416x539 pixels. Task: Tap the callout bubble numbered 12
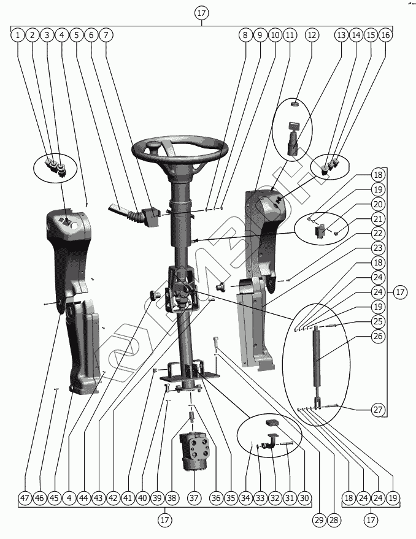click(x=312, y=35)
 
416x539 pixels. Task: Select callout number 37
click(x=195, y=499)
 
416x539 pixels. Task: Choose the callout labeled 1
click(x=18, y=35)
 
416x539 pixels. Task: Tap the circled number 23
click(x=378, y=248)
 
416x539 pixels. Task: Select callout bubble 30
click(x=304, y=499)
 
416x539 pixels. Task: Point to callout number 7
click(x=106, y=35)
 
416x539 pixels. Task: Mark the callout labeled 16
click(x=385, y=35)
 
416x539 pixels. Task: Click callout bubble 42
click(x=113, y=499)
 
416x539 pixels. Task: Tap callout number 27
click(x=378, y=410)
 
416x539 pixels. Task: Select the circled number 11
click(x=290, y=35)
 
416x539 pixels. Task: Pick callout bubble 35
click(x=230, y=499)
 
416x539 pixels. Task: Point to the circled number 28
click(x=334, y=520)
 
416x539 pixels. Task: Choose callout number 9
click(x=260, y=35)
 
